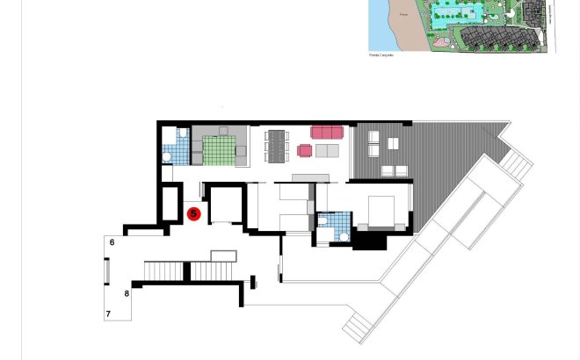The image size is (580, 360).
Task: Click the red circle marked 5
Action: (x=194, y=213)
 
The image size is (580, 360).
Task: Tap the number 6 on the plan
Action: (x=112, y=242)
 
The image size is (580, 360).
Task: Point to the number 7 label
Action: (x=109, y=313)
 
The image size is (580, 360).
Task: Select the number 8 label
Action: (x=127, y=293)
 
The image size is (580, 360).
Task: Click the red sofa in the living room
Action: (x=326, y=133)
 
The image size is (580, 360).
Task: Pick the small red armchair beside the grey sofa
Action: (x=305, y=151)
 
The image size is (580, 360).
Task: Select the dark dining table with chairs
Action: (x=276, y=145)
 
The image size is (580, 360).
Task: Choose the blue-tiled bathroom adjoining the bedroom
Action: (x=333, y=227)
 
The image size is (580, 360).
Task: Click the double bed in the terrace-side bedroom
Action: (x=380, y=211)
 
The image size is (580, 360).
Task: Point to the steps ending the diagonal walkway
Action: (x=356, y=328)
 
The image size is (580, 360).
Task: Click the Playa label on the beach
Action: (x=404, y=15)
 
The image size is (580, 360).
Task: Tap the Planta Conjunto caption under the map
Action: (x=381, y=54)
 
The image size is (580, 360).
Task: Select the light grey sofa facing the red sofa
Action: (x=327, y=151)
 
